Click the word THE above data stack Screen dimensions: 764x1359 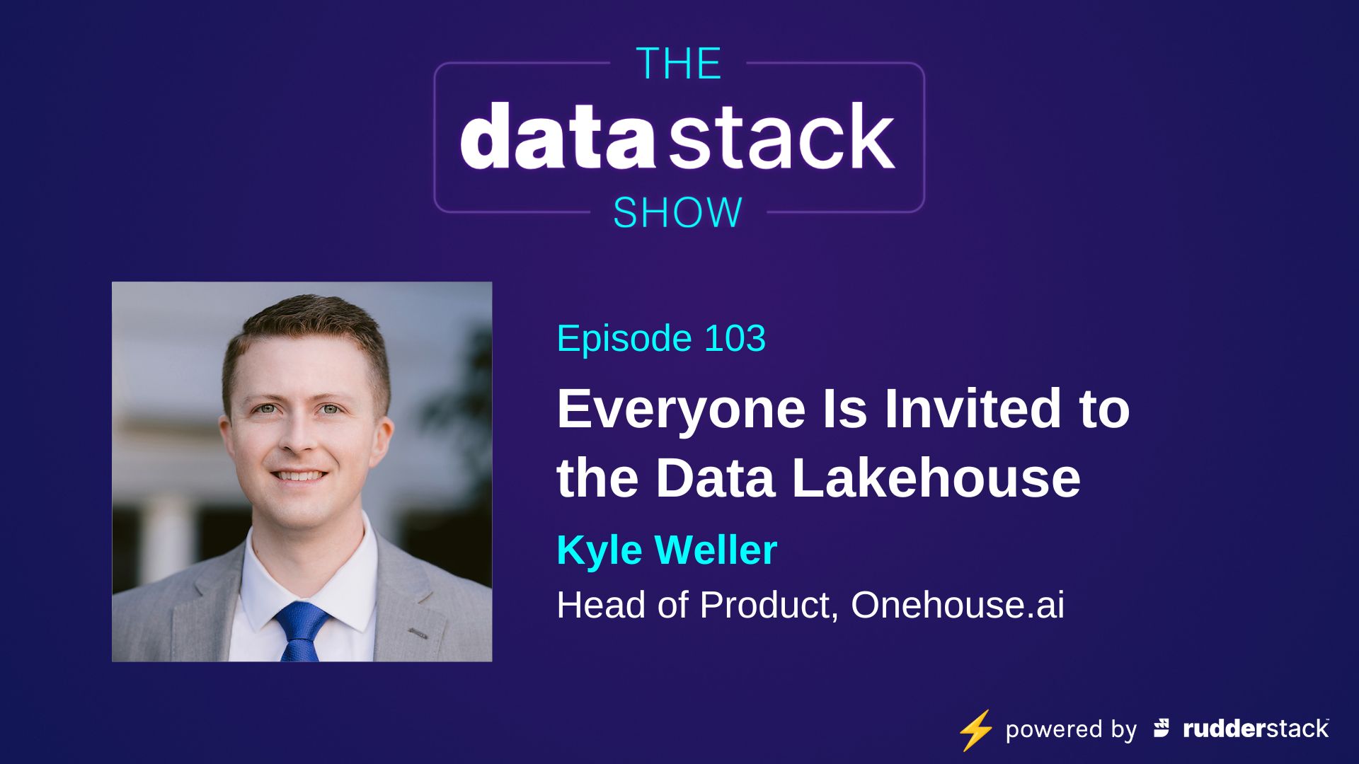coord(678,64)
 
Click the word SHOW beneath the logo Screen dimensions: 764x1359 coord(677,213)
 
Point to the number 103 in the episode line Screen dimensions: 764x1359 coord(735,338)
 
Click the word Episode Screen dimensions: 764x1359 coord(623,338)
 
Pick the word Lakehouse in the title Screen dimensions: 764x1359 coord(936,478)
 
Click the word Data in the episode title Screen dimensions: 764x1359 coord(716,478)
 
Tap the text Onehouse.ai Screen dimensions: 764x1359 coord(957,605)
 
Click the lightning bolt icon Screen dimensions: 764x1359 coord(975,730)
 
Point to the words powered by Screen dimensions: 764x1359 coord(1070,729)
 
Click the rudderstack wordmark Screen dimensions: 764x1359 coord(1256,729)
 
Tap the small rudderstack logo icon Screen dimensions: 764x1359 coord(1162,728)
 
